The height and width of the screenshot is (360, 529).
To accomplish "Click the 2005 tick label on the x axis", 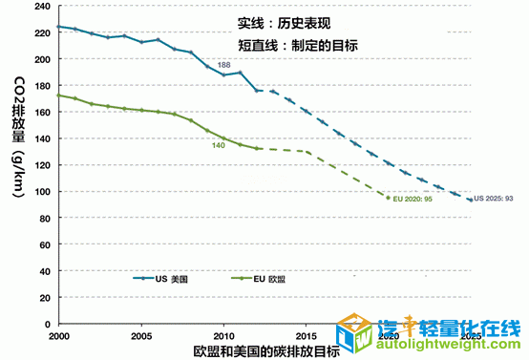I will (140, 337).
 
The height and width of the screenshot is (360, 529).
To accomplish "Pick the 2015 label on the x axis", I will (307, 337).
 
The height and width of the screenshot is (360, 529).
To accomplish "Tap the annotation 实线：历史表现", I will (285, 21).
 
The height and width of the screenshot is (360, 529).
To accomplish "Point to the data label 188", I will (225, 64).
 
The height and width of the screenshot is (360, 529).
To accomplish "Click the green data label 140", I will (218, 145).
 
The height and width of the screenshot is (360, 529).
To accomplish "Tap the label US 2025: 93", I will (497, 199).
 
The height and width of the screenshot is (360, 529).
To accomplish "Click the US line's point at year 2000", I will (58, 27).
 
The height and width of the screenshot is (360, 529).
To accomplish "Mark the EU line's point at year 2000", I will (58, 95).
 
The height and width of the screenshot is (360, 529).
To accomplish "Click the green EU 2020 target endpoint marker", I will (389, 198).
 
